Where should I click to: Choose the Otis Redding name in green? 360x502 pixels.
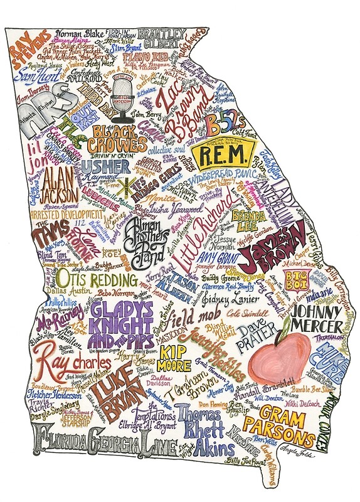pyautogui.click(x=97, y=279)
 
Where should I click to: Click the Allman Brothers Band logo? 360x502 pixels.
pyautogui.click(x=151, y=235)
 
